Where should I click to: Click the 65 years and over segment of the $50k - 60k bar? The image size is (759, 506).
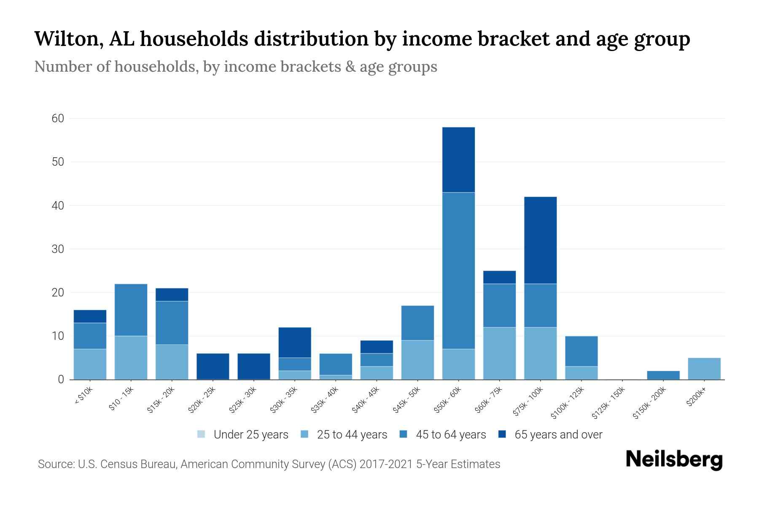[x=458, y=160]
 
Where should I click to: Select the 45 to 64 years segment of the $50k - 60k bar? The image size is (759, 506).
[x=458, y=270]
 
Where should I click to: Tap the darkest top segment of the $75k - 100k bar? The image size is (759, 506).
[x=540, y=240]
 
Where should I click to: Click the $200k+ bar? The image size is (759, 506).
[x=704, y=369]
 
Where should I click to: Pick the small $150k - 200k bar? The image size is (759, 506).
[x=663, y=375]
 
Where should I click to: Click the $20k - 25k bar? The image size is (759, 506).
[x=213, y=366]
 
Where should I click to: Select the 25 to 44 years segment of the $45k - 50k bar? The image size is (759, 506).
[x=417, y=360]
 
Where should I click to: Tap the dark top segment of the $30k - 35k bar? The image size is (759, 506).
[x=295, y=342]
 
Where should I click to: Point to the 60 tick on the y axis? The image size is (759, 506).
[x=58, y=118]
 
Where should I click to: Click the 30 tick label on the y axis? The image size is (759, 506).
[x=58, y=249]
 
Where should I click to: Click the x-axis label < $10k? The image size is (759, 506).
[x=83, y=396]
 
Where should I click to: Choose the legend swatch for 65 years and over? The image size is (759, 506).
[x=502, y=434]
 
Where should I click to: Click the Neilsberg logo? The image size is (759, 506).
[x=674, y=460]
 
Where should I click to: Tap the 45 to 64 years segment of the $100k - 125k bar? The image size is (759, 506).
[x=581, y=351]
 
